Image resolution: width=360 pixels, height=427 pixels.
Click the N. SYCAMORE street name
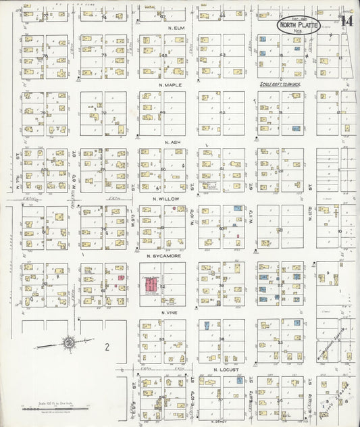162,256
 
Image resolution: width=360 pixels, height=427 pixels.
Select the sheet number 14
346,21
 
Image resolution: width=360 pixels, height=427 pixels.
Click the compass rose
70,345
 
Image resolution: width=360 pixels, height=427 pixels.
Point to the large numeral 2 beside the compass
107,347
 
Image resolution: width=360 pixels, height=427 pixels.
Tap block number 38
222,339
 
